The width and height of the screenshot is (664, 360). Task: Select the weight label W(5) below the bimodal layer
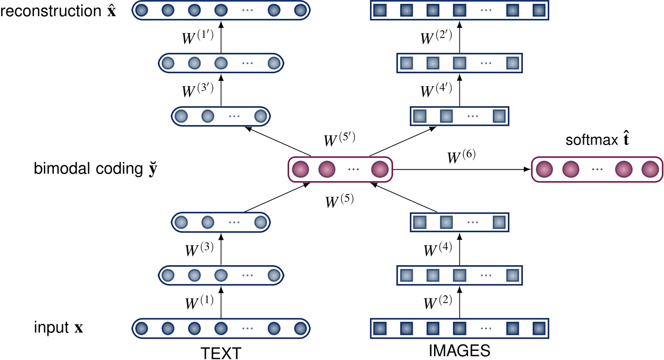[x=339, y=202]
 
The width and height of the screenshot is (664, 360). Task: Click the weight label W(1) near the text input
[x=200, y=301]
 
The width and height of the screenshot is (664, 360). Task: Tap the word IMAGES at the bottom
[x=459, y=351]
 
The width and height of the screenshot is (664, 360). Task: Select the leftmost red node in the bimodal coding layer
[x=300, y=170]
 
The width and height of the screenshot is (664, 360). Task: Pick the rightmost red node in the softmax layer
[x=649, y=170]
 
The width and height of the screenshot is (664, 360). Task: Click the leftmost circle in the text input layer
[x=142, y=328]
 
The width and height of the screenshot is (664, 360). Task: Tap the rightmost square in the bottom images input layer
[x=539, y=328]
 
